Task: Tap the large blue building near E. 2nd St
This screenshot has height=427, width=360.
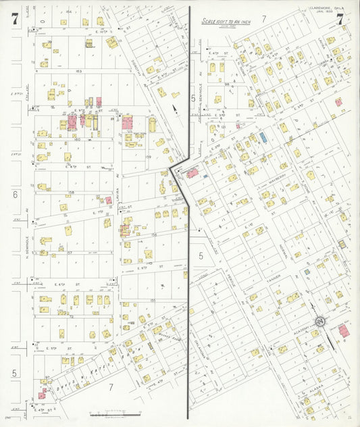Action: pos(263,136)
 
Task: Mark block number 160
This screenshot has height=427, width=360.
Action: pos(76,140)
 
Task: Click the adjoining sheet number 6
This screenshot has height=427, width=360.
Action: pos(15,194)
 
